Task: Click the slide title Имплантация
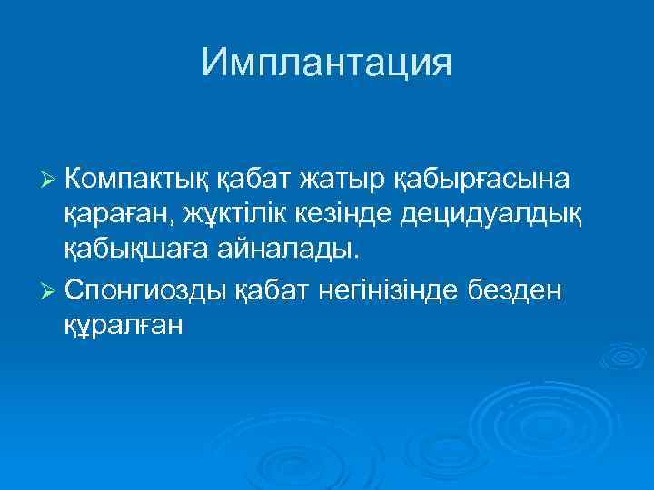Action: [x=326, y=63]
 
